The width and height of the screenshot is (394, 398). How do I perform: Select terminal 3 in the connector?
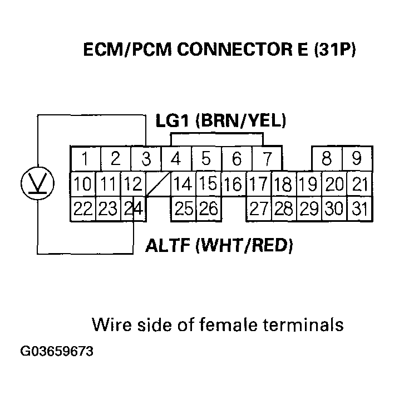pyautogui.click(x=146, y=159)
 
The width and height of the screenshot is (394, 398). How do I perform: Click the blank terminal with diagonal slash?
pyautogui.click(x=157, y=184)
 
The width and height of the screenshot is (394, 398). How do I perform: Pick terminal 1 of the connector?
pyautogui.click(x=85, y=159)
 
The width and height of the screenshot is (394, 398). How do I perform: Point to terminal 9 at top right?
pyautogui.click(x=357, y=159)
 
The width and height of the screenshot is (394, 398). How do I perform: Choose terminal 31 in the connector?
pyautogui.click(x=360, y=209)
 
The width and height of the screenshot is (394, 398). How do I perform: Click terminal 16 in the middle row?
pyautogui.click(x=234, y=184)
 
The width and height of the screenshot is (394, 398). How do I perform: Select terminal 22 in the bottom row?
pyautogui.click(x=83, y=209)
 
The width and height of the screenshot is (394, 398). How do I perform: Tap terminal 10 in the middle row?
pyautogui.click(x=83, y=184)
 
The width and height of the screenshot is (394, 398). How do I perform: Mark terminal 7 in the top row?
pyautogui.click(x=267, y=159)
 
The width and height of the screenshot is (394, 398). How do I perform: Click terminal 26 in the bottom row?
pyautogui.click(x=208, y=209)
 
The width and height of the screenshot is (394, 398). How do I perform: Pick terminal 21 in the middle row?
pyautogui.click(x=360, y=184)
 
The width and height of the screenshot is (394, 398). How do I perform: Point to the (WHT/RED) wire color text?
pyautogui.click(x=245, y=245)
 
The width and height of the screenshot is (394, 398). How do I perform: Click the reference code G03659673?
pyautogui.click(x=57, y=352)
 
